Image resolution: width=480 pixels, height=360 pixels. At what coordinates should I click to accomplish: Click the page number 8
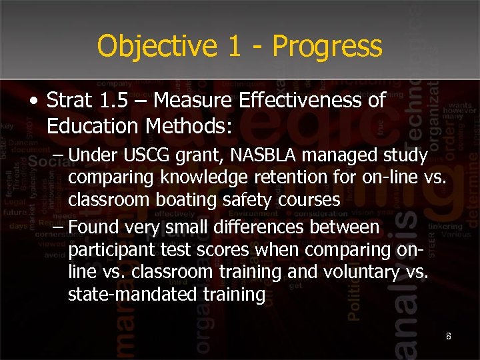pos(449,336)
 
